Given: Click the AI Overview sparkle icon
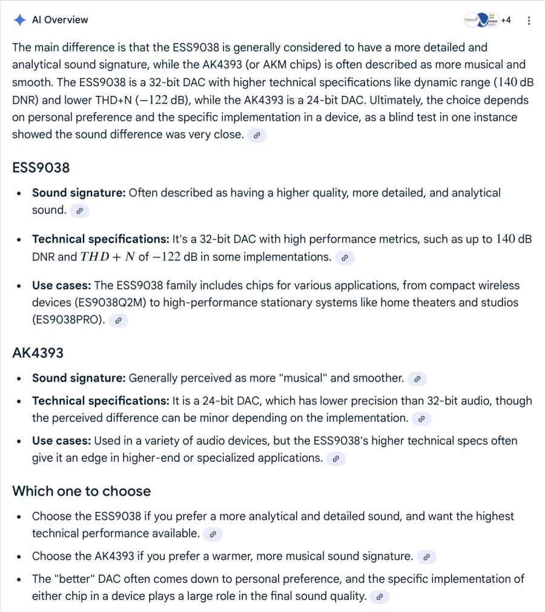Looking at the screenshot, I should click(x=20, y=20).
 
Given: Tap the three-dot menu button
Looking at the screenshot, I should click(x=529, y=20).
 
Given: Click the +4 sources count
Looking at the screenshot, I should click(x=506, y=20).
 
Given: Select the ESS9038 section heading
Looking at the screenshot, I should click(x=41, y=167).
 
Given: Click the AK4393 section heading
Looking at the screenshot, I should click(x=38, y=352).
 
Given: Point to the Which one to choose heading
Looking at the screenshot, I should click(x=81, y=491).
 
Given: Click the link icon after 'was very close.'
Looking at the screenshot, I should click(x=257, y=135).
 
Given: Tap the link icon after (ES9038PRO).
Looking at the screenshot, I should click(x=119, y=320).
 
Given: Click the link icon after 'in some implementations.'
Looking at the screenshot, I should click(x=345, y=257).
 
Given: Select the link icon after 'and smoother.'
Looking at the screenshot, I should click(x=417, y=378).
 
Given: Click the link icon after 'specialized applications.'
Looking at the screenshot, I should click(x=336, y=459).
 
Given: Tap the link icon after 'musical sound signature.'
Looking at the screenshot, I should click(x=426, y=556).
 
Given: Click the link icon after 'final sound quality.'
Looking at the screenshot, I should click(x=380, y=597).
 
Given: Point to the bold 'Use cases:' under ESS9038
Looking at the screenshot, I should click(x=62, y=285).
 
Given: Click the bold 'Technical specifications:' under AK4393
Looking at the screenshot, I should click(x=101, y=400).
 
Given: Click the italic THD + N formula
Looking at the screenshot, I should click(x=108, y=257).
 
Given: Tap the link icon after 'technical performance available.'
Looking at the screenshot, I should click(x=213, y=534).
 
